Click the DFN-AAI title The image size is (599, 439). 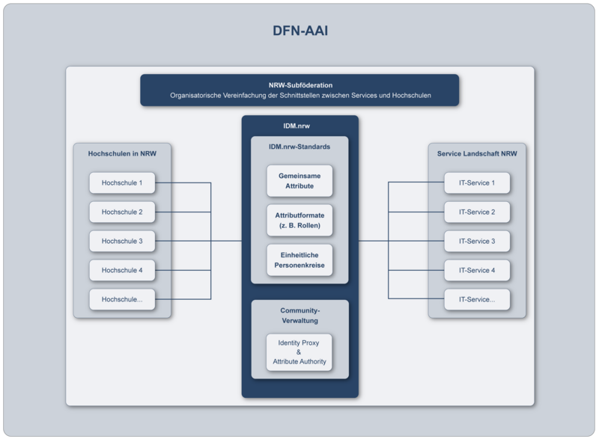coord(299,31)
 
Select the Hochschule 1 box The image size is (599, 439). coord(122,182)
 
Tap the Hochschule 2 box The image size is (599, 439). coord(122,212)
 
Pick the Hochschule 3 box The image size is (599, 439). coord(122,241)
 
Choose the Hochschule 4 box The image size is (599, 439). coord(122,270)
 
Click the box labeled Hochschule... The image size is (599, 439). coord(122,299)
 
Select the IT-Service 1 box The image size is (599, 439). coord(477,182)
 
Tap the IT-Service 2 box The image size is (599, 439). coord(477,212)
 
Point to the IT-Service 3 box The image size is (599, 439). coord(477,241)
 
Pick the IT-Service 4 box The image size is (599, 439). coord(477,270)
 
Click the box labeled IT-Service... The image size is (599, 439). coord(477,299)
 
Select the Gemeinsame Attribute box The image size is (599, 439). coord(299,180)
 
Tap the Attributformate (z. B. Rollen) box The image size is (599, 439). coord(299,220)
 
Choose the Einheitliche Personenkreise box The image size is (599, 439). coord(299,260)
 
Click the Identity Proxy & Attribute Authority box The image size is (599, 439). coord(299,351)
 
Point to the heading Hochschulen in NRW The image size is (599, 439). coord(122,153)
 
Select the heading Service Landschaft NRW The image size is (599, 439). coord(477,153)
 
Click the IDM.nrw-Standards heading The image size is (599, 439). coord(299,147)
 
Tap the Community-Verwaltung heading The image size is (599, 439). coord(299,315)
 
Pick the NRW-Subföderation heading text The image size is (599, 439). coord(299,85)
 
